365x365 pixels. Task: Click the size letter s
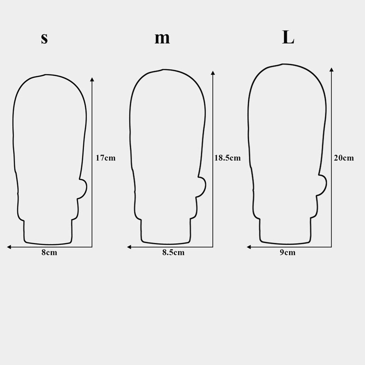(44, 39)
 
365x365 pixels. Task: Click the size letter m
(162, 39)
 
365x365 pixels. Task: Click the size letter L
(288, 37)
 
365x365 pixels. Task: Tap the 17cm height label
(105, 158)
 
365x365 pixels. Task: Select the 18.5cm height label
(227, 158)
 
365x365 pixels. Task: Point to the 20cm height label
(344, 158)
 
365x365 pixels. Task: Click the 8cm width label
(49, 253)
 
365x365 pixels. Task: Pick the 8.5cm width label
(173, 253)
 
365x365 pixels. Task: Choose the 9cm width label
(288, 253)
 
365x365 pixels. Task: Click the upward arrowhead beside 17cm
(92, 80)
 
